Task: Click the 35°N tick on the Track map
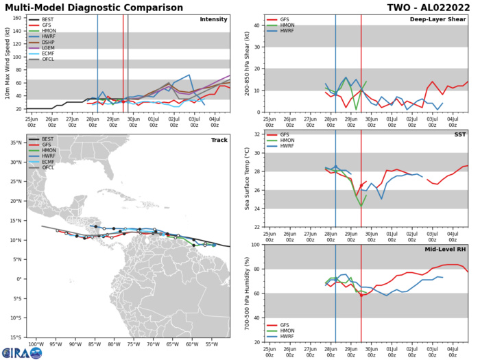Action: coord(14,143)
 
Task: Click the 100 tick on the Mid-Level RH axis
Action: coord(253,244)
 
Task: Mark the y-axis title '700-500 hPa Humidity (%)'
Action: coord(245,293)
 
